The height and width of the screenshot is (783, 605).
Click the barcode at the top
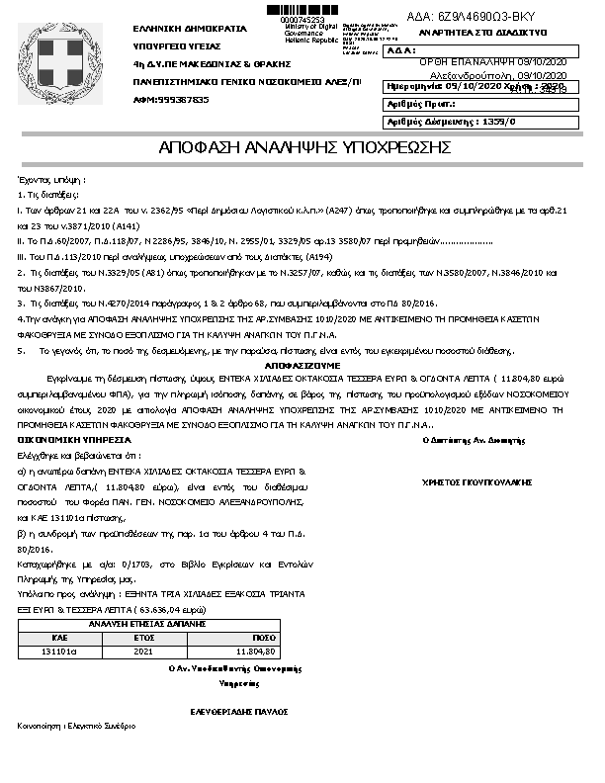pos(302,10)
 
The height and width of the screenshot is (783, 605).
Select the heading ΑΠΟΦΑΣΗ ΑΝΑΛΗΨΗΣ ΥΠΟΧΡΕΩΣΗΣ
pos(304,148)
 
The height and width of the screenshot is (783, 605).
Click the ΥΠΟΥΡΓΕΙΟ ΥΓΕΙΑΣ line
pos(177,45)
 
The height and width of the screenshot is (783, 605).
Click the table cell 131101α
pos(58,652)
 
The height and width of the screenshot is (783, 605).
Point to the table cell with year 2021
pos(146,652)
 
